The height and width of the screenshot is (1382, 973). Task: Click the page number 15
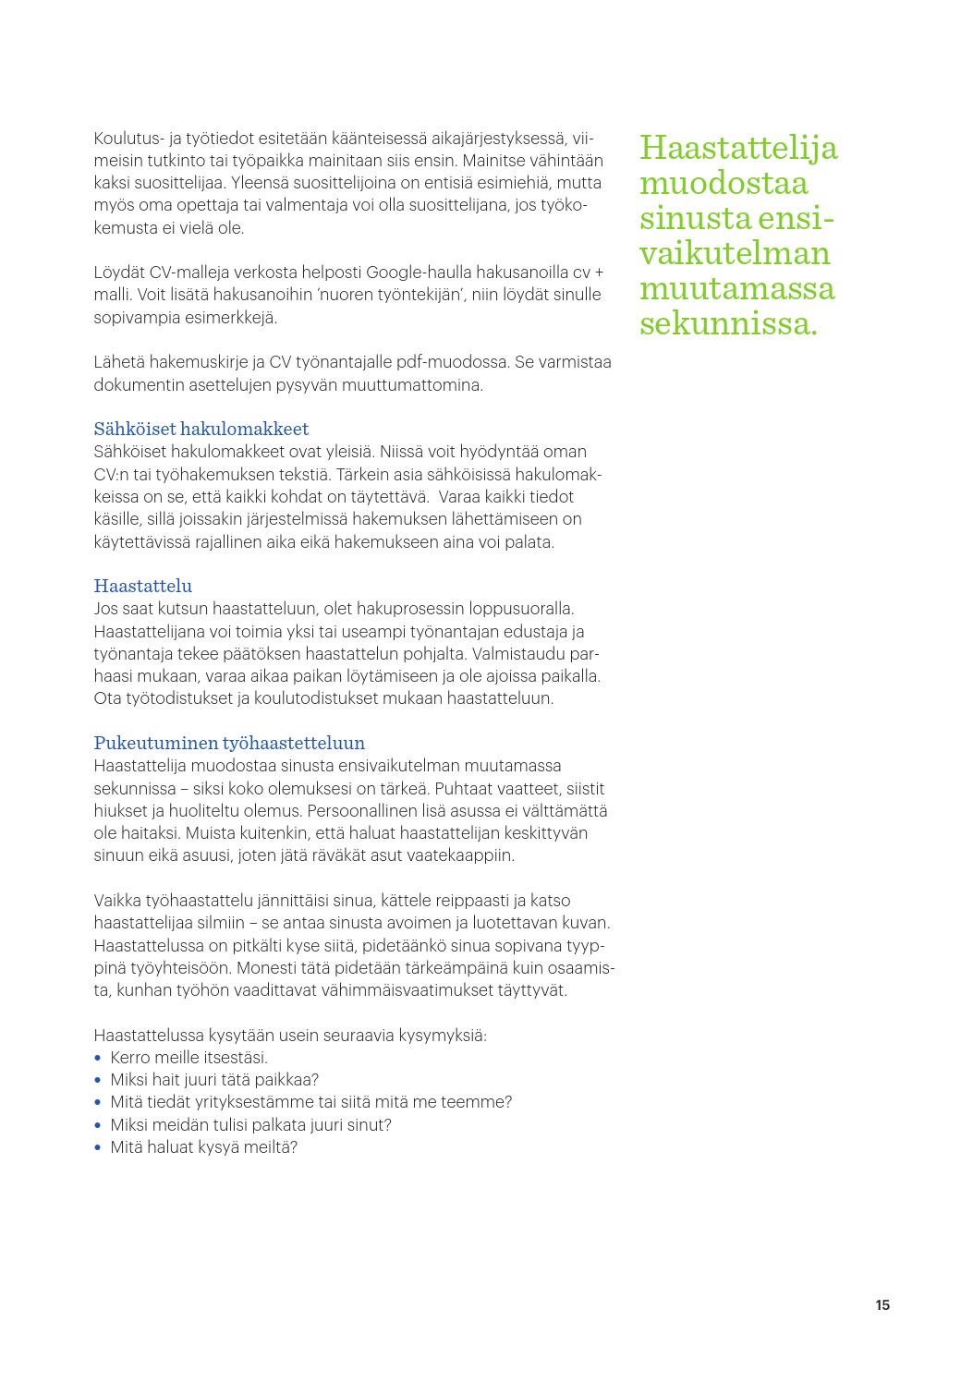882,1305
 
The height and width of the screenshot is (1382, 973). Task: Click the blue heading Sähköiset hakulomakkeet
201,429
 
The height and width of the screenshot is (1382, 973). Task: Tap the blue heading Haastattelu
143,586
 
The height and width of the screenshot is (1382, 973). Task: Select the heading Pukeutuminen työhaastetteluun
229,743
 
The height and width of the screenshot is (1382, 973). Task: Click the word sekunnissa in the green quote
727,324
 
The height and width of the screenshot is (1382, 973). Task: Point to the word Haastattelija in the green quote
738,148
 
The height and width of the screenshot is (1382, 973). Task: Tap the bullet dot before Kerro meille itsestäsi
98,1058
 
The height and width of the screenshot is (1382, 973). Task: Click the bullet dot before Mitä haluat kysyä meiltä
98,1147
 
